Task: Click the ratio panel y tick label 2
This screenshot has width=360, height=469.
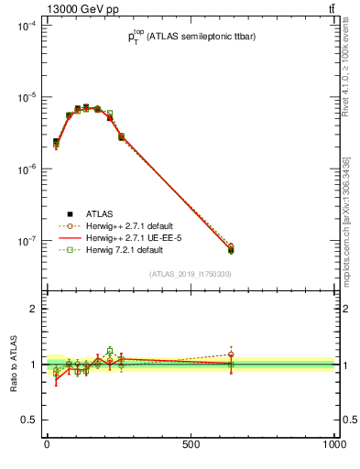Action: pos(32,309)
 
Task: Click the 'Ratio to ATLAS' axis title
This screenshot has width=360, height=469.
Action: pos(11,365)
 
